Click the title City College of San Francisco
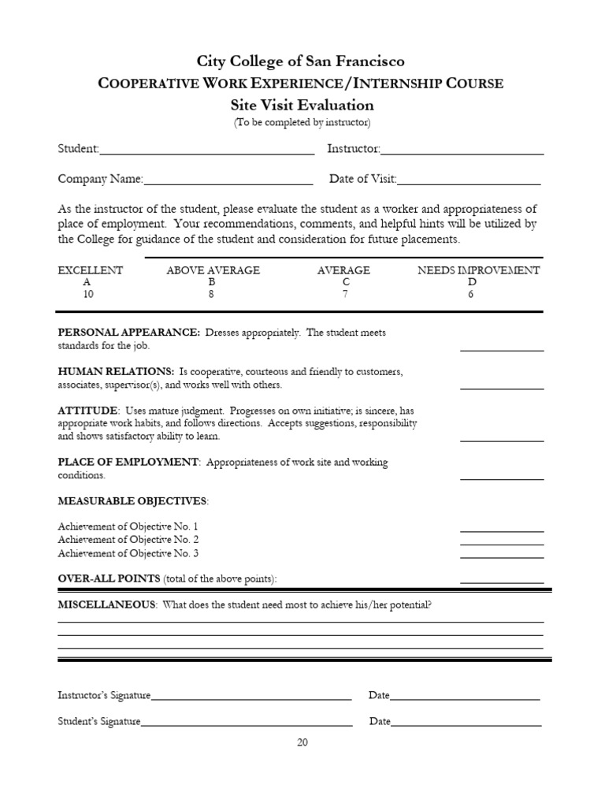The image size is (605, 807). click(302, 61)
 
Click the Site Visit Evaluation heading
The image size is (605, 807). click(302, 105)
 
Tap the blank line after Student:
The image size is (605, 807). click(207, 151)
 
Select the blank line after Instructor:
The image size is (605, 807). click(462, 151)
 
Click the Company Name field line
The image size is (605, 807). click(228, 180)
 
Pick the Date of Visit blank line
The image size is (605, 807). click(470, 180)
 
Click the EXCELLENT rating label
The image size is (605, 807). click(91, 270)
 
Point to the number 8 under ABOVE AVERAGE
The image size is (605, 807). click(212, 294)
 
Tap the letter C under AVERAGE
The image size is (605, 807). click(343, 282)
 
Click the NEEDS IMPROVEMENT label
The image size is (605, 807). click(478, 270)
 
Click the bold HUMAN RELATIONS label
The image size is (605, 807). click(116, 371)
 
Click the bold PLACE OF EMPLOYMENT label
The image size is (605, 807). click(128, 463)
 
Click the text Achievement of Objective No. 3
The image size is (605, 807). click(128, 553)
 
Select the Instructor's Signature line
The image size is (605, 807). click(251, 697)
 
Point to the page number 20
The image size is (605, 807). click(302, 742)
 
